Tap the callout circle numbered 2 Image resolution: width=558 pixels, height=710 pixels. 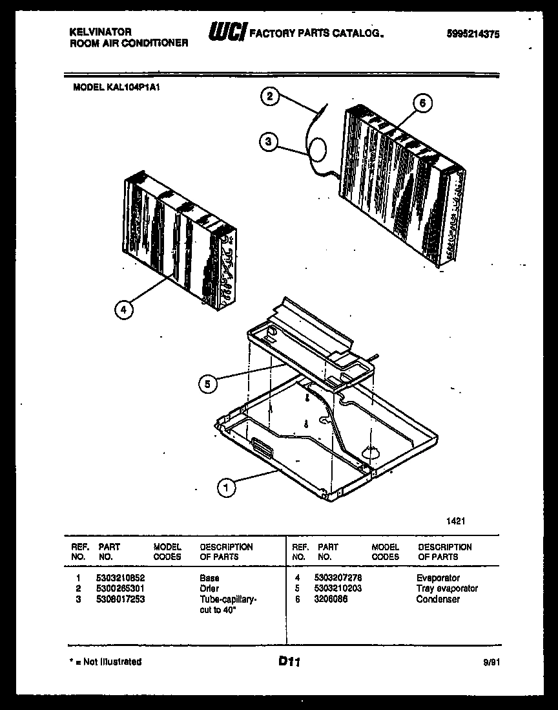tap(269, 98)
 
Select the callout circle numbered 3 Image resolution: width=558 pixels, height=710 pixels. tap(269, 142)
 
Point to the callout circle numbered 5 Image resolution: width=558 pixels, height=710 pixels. tap(207, 383)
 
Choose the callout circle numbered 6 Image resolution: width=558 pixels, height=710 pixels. tap(422, 103)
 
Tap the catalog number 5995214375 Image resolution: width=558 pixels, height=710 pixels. tap(473, 36)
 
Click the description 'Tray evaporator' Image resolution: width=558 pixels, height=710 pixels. tap(447, 588)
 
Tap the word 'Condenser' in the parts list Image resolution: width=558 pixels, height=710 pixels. tap(438, 599)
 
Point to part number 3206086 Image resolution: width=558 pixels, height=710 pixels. tap(331, 599)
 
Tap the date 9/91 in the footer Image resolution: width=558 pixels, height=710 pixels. tap(490, 662)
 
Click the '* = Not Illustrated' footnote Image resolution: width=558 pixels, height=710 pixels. tap(105, 662)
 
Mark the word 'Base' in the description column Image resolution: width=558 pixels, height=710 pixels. tap(209, 578)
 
